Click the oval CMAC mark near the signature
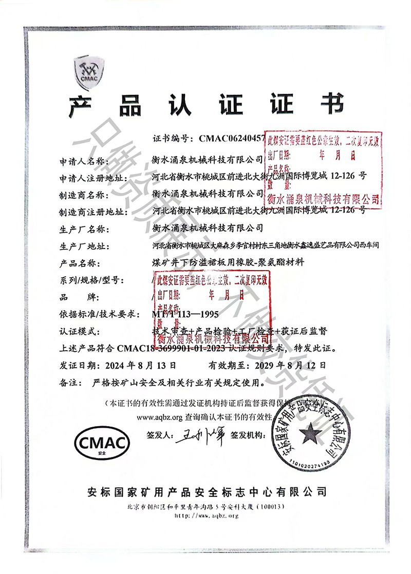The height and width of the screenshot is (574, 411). tap(100, 441)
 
